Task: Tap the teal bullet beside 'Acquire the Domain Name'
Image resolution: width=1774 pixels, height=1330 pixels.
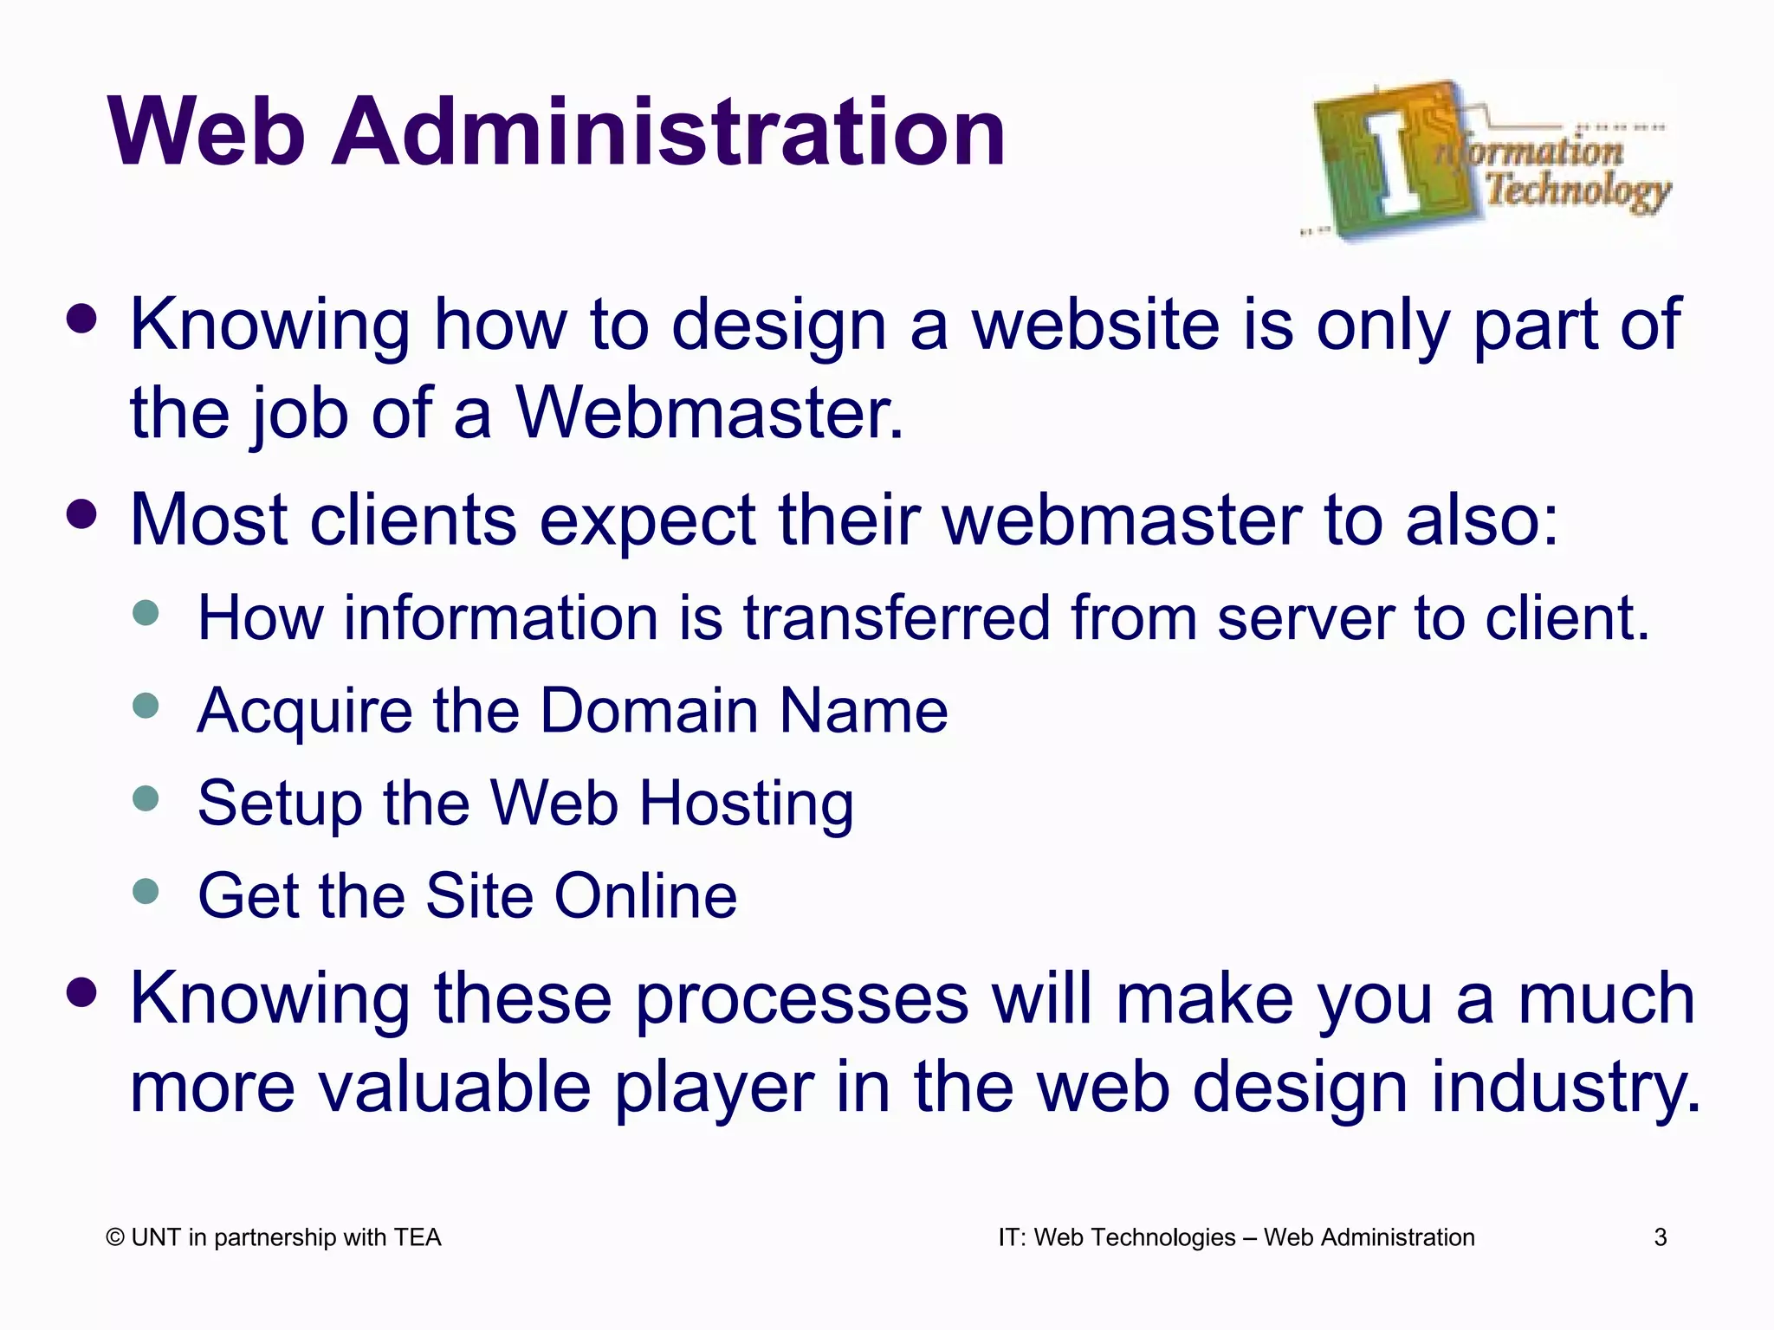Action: [x=146, y=706]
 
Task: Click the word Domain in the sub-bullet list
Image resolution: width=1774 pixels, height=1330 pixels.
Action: [x=650, y=710]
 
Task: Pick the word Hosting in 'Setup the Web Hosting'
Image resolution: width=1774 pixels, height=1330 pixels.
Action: [x=747, y=804]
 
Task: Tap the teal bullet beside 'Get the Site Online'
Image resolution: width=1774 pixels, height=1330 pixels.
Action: [x=146, y=891]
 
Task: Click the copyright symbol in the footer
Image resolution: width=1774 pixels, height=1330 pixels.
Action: [x=115, y=1238]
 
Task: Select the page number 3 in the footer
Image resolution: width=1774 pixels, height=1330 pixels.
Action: [x=1660, y=1238]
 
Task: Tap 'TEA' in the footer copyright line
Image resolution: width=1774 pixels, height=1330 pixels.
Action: [x=417, y=1238]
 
